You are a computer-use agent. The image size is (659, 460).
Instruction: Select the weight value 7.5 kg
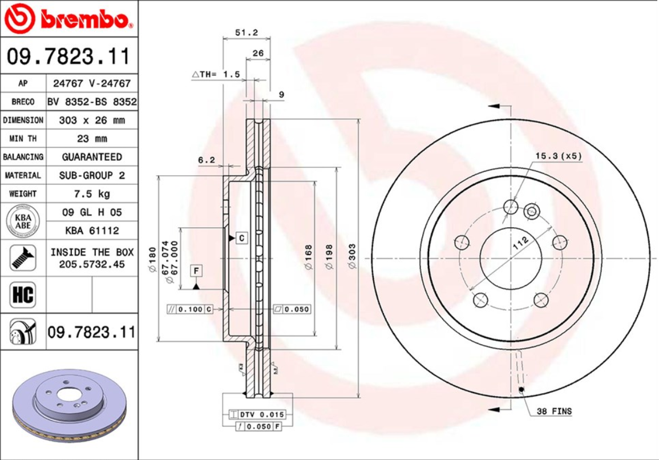pos(91,193)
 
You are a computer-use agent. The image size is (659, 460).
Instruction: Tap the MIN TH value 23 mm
pos(91,139)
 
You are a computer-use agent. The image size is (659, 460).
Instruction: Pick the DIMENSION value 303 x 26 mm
pos(91,120)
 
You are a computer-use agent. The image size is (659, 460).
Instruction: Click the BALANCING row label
pos(23,157)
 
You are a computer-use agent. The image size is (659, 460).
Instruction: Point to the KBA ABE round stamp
pos(23,221)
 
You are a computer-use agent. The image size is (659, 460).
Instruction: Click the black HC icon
pos(23,295)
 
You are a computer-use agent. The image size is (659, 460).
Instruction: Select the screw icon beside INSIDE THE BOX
pos(23,258)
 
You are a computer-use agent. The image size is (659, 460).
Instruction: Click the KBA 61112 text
pos(91,231)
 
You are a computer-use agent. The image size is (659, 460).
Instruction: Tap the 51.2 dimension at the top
pos(246,33)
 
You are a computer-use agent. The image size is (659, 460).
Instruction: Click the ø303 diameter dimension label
pos(352,257)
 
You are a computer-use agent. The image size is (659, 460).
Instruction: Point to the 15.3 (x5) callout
pos(559,156)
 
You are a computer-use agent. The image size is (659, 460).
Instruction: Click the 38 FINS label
pos(553,411)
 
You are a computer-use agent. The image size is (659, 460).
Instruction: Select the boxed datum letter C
pos(242,237)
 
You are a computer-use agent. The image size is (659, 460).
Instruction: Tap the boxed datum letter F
pos(196,270)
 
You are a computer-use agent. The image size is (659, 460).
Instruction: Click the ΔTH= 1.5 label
pos(216,74)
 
